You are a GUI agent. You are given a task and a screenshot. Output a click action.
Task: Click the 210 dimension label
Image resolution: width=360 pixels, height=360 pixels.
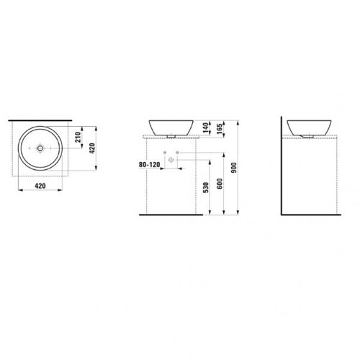(78, 137)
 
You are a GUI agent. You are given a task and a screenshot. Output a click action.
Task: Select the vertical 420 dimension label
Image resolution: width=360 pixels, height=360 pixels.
(92, 148)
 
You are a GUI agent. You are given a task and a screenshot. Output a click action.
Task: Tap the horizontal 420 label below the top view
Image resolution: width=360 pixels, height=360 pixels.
(40, 186)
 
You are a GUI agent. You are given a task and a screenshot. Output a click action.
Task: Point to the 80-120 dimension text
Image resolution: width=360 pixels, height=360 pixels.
(149, 165)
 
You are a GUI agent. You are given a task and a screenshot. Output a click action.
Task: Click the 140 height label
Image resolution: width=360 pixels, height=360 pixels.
(205, 127)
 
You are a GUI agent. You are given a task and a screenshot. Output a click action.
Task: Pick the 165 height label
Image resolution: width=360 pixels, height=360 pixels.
(220, 128)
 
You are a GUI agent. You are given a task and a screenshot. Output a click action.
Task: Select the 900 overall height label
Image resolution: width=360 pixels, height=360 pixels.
(234, 168)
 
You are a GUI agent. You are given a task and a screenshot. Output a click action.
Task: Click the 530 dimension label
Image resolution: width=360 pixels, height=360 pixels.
(206, 188)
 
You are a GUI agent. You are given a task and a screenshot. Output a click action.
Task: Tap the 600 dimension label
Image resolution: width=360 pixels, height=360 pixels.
(220, 184)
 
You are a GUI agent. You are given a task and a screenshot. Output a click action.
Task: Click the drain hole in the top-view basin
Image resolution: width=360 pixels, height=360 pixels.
(40, 148)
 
